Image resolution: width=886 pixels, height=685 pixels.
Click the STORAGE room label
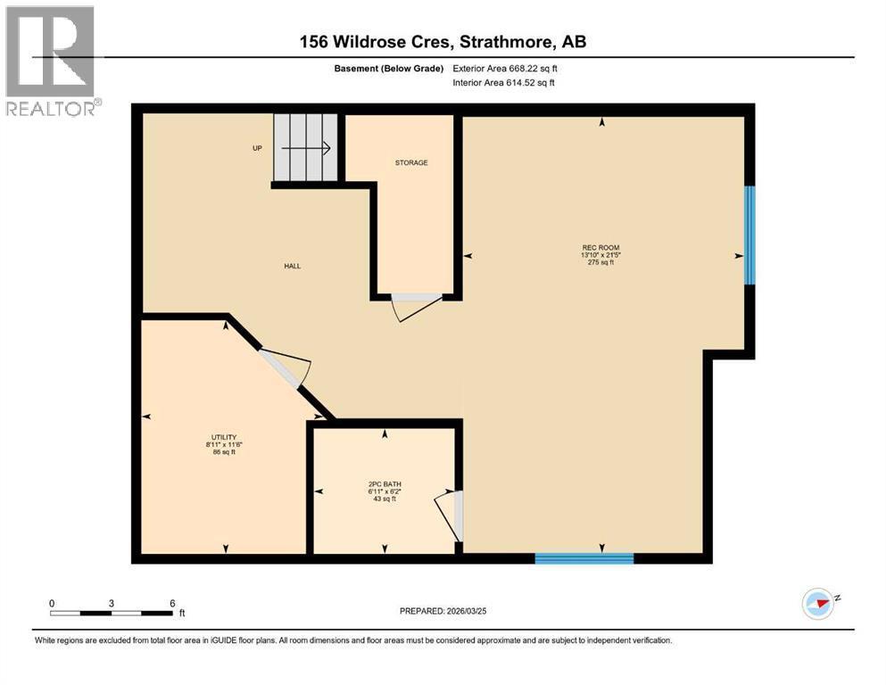click(x=411, y=163)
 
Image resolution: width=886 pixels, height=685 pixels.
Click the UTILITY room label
click(x=222, y=437)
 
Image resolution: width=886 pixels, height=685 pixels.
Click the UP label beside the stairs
click(x=257, y=148)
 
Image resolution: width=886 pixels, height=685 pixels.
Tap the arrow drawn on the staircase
click(x=316, y=148)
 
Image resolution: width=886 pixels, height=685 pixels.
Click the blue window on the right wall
click(x=750, y=235)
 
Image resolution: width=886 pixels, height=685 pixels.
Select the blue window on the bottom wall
click(x=584, y=558)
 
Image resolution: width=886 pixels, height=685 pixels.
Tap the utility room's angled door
click(x=286, y=367)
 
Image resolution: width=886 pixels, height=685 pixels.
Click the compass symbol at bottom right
click(x=818, y=604)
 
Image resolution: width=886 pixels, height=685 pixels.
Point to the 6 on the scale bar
click(x=171, y=603)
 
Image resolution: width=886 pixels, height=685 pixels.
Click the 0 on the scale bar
click(x=53, y=603)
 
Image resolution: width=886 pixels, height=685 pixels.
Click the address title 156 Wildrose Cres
click(x=442, y=42)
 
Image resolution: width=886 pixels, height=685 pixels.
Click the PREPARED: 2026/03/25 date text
click(x=444, y=611)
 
